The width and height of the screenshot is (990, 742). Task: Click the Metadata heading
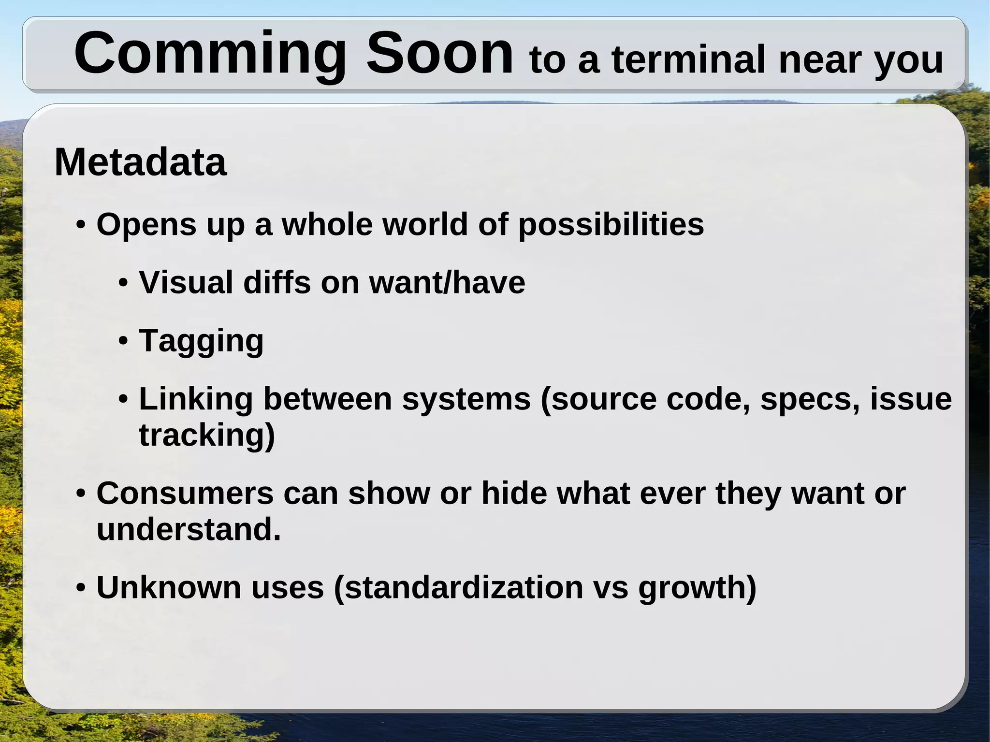[140, 162]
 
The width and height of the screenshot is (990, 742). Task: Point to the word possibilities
[611, 225]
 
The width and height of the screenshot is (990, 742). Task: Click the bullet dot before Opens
[81, 225]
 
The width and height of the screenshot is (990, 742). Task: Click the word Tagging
[201, 341]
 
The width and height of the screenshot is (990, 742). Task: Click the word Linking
[196, 399]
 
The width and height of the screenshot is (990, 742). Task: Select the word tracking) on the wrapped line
[207, 435]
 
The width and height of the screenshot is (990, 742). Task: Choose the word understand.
[189, 530]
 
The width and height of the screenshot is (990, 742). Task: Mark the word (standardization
[458, 588]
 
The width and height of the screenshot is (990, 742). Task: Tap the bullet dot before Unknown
[81, 588]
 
